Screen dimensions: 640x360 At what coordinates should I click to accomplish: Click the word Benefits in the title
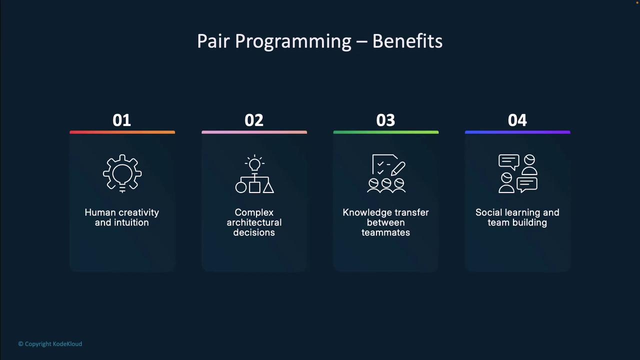coord(407,41)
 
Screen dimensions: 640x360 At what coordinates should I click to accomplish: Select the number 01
coord(121,120)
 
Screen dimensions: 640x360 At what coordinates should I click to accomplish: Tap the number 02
coord(254,120)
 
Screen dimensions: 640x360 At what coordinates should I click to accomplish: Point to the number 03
coord(385,120)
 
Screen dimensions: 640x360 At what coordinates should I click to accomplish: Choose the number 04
coord(517,120)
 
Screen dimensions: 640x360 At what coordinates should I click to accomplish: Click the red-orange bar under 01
coord(122,132)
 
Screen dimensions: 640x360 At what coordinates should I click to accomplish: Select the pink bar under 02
coord(254,132)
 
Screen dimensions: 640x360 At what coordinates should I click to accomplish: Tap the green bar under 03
coord(386,132)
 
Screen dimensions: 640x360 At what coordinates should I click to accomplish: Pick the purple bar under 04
coord(517,132)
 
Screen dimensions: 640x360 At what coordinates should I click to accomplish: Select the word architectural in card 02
coord(254,222)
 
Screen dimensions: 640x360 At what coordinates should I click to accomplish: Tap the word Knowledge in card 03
coord(366,212)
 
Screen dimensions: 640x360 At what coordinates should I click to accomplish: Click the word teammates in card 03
coord(385,232)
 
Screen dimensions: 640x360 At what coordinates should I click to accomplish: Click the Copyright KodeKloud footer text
coord(50,343)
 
